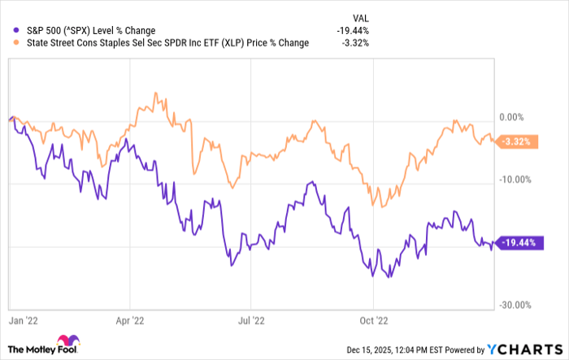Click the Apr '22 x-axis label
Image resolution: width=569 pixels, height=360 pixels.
[130, 320]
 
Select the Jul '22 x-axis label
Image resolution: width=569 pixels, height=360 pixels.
[251, 320]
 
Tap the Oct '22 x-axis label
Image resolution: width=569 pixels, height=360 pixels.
[371, 320]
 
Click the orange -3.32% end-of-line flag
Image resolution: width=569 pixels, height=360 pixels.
[517, 141]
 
